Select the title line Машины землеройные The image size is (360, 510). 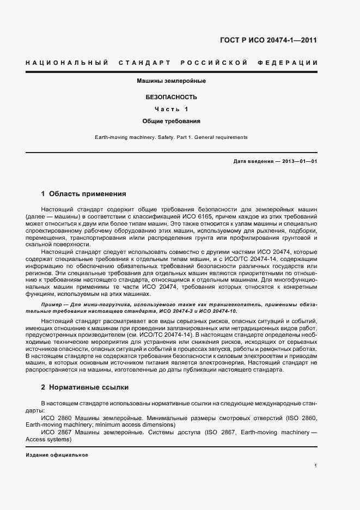coord(170,81)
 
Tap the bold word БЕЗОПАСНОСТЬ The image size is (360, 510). coord(171,97)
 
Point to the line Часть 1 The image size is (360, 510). coord(171,109)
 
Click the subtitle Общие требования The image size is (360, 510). coord(171,121)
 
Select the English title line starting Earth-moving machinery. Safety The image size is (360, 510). coord(171,137)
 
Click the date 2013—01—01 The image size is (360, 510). coord(298,161)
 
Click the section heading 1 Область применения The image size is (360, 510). coord(84,193)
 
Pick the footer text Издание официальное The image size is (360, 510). coord(57,454)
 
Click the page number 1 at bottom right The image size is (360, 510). coord(315,465)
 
